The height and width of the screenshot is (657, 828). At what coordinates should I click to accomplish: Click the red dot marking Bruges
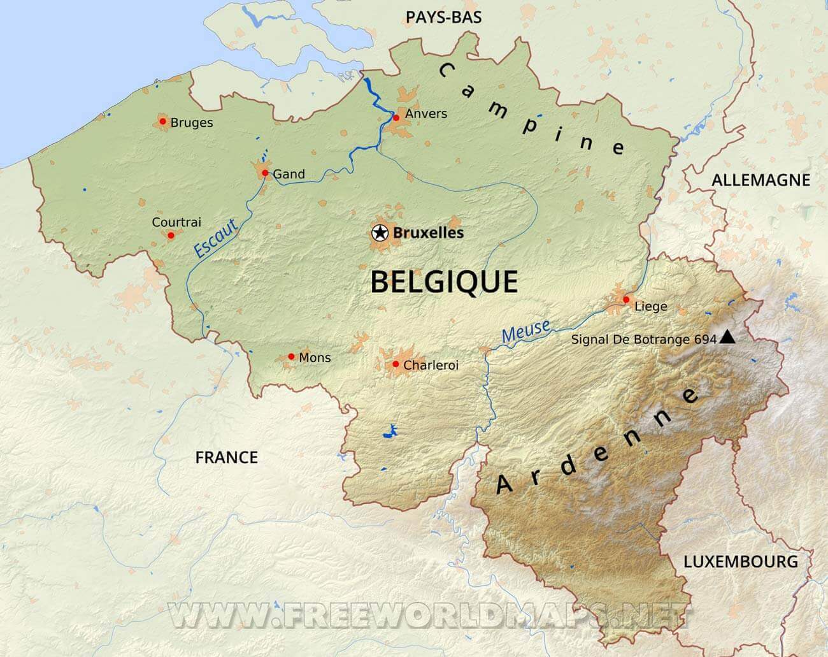[x=162, y=121]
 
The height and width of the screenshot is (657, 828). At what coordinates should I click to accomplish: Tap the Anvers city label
[x=426, y=114]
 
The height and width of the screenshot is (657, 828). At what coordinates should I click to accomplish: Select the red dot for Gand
[x=264, y=173]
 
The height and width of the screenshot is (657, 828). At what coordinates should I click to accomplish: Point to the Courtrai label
[x=176, y=222]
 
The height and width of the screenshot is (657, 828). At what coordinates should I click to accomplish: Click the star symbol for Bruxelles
[x=380, y=233]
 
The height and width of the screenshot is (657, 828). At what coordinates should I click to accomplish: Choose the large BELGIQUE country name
[x=443, y=282]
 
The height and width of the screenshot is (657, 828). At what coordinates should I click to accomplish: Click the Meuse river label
[x=525, y=331]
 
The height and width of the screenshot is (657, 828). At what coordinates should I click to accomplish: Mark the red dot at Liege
[x=626, y=300]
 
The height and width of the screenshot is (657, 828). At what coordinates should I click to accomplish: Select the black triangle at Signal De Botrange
[x=727, y=338]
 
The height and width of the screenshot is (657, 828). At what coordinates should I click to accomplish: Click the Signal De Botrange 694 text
[x=644, y=340]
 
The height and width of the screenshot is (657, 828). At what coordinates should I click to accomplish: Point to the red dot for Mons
[x=291, y=357]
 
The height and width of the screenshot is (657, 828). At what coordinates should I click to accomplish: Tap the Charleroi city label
[x=431, y=366]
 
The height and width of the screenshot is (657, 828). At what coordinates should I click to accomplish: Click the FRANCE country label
[x=226, y=458]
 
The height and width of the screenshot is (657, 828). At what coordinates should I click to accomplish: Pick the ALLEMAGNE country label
[x=760, y=180]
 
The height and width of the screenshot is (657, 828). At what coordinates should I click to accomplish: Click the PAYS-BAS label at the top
[x=443, y=17]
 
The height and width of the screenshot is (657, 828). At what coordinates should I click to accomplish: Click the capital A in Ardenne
[x=505, y=485]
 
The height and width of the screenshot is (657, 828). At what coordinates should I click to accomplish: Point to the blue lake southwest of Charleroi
[x=389, y=433]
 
